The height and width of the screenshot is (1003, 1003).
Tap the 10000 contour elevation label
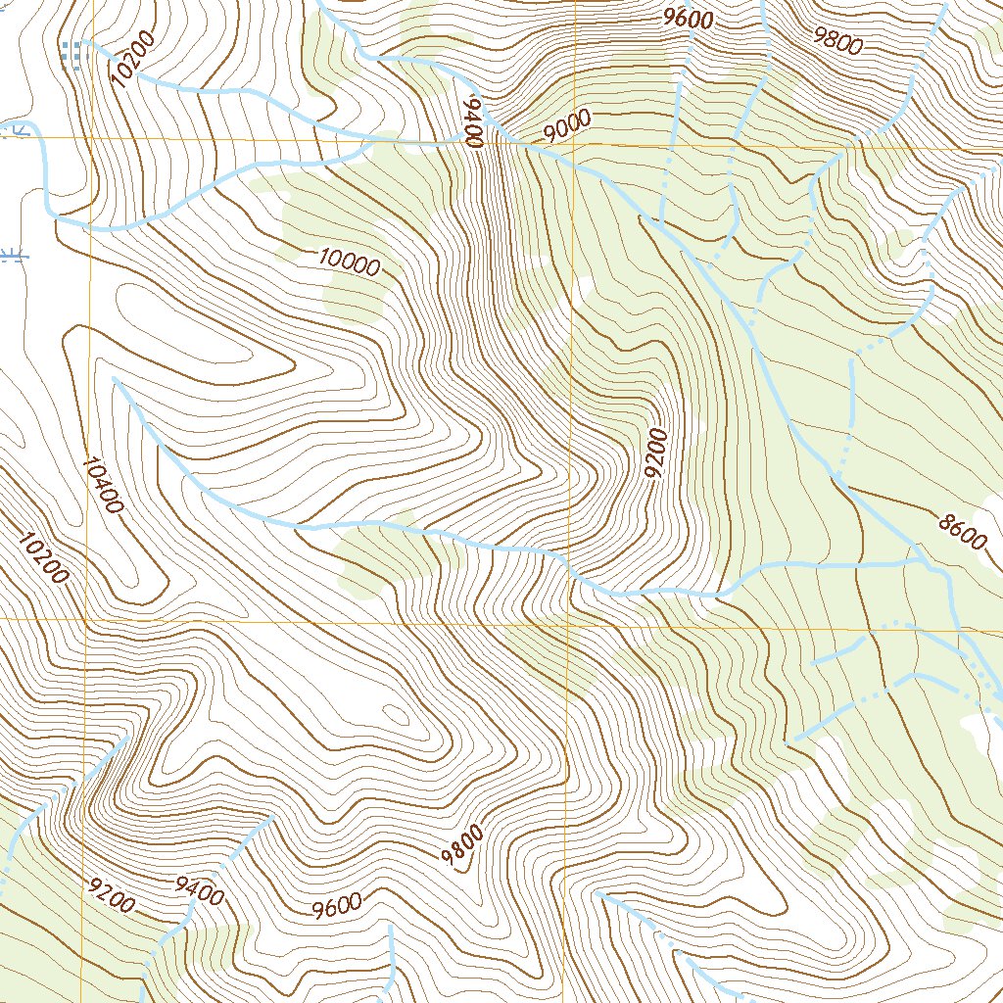click(349, 263)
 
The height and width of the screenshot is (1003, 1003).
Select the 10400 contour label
click(102, 485)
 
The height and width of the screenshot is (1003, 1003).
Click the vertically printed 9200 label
click(657, 453)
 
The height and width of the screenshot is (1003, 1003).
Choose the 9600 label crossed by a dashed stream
click(688, 18)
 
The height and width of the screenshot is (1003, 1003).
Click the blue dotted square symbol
click(72, 55)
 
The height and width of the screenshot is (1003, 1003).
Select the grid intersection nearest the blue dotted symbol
click(90, 138)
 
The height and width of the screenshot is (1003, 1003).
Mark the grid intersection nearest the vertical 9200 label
click(570, 621)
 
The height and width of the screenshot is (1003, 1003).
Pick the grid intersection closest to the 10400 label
click(86, 621)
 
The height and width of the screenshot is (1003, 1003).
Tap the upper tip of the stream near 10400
click(115, 380)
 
